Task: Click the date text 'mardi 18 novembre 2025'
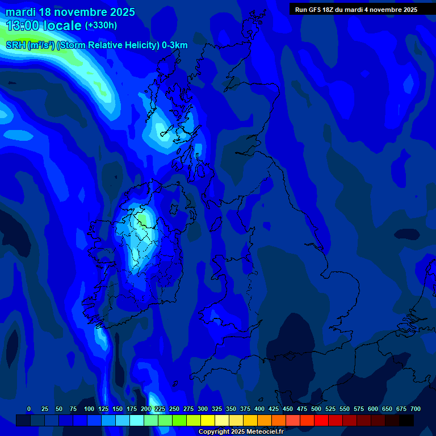pyautogui.click(x=70, y=12)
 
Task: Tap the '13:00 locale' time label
pyautogui.click(x=44, y=26)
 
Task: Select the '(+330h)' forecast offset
pyautogui.click(x=101, y=25)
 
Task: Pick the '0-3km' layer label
pyautogui.click(x=175, y=45)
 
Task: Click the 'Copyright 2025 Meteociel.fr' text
pyautogui.click(x=241, y=431)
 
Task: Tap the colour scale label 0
pyautogui.click(x=29, y=409)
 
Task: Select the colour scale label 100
pyautogui.click(x=89, y=409)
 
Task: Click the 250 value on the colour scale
pyautogui.click(x=174, y=409)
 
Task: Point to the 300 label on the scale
pyautogui.click(x=203, y=409)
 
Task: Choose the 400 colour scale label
pyautogui.click(x=259, y=409)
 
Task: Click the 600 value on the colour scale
pyautogui.click(x=373, y=409)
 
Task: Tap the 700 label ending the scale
pyautogui.click(x=415, y=409)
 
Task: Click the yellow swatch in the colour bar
pyautogui.click(x=208, y=421)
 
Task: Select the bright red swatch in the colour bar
pyautogui.click(x=321, y=421)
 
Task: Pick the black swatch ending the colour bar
pyautogui.click(x=406, y=421)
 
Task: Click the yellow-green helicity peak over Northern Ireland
pyautogui.click(x=141, y=217)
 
